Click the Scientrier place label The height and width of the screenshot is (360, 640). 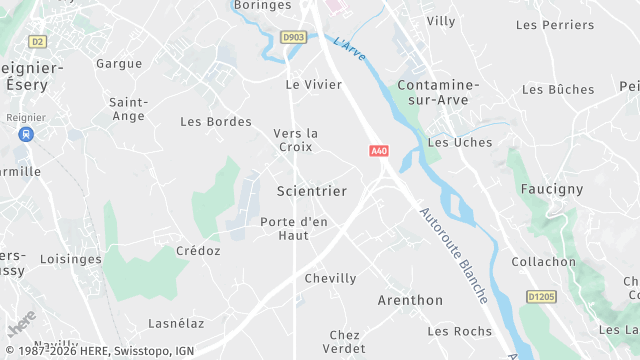point(311,191)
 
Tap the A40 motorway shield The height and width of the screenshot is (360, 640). point(379,151)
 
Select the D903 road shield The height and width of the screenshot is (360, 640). point(293,37)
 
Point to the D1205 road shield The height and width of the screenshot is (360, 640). point(541,297)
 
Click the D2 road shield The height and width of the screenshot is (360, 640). point(38,41)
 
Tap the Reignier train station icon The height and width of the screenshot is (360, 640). point(25,133)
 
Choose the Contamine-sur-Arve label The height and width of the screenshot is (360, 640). point(438,92)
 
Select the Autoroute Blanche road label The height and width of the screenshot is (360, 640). point(454,255)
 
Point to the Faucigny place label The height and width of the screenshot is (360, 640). point(551,188)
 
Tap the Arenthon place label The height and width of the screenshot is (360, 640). point(410,300)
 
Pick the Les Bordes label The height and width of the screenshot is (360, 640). point(216,121)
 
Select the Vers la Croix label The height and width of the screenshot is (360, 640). point(296,140)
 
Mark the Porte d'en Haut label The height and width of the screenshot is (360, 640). point(294,228)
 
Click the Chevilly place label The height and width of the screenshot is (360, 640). point(330,278)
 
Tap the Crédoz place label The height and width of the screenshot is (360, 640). point(198,251)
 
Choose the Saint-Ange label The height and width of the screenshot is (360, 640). point(128,109)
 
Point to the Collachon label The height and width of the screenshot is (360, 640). point(543,262)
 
